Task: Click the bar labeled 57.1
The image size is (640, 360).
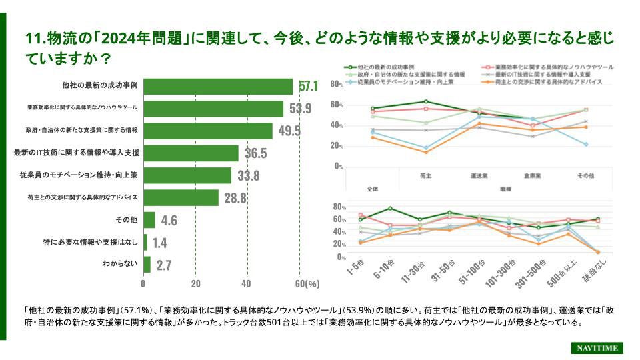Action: tap(218, 87)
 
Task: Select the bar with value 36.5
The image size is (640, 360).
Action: tap(191, 153)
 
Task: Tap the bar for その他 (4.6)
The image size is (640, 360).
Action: tap(149, 220)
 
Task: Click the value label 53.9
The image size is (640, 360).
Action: tap(300, 109)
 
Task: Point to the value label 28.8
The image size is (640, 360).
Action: tap(235, 198)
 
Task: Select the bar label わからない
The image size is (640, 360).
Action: tap(120, 264)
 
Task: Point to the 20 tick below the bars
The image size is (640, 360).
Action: tap(195, 283)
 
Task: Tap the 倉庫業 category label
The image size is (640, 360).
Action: tap(532, 176)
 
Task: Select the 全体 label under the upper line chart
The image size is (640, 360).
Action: tap(372, 189)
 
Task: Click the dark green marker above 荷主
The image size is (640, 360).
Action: tap(425, 101)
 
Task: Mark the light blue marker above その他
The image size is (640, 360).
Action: tap(586, 145)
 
